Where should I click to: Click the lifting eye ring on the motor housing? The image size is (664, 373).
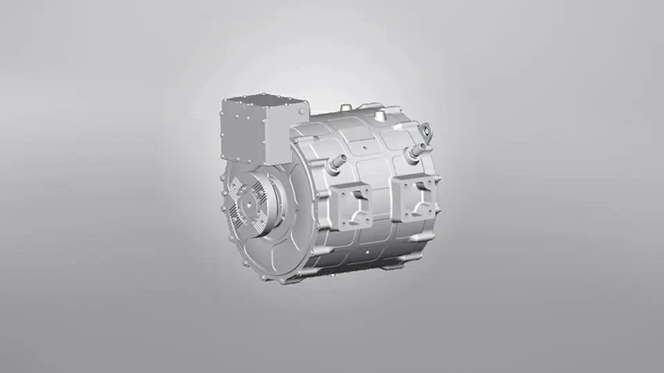click(425, 129)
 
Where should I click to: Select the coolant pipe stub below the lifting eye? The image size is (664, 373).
click(416, 149)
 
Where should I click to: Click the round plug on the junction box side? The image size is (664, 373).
click(301, 111)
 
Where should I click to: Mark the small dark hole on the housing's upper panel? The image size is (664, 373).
click(365, 146)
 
